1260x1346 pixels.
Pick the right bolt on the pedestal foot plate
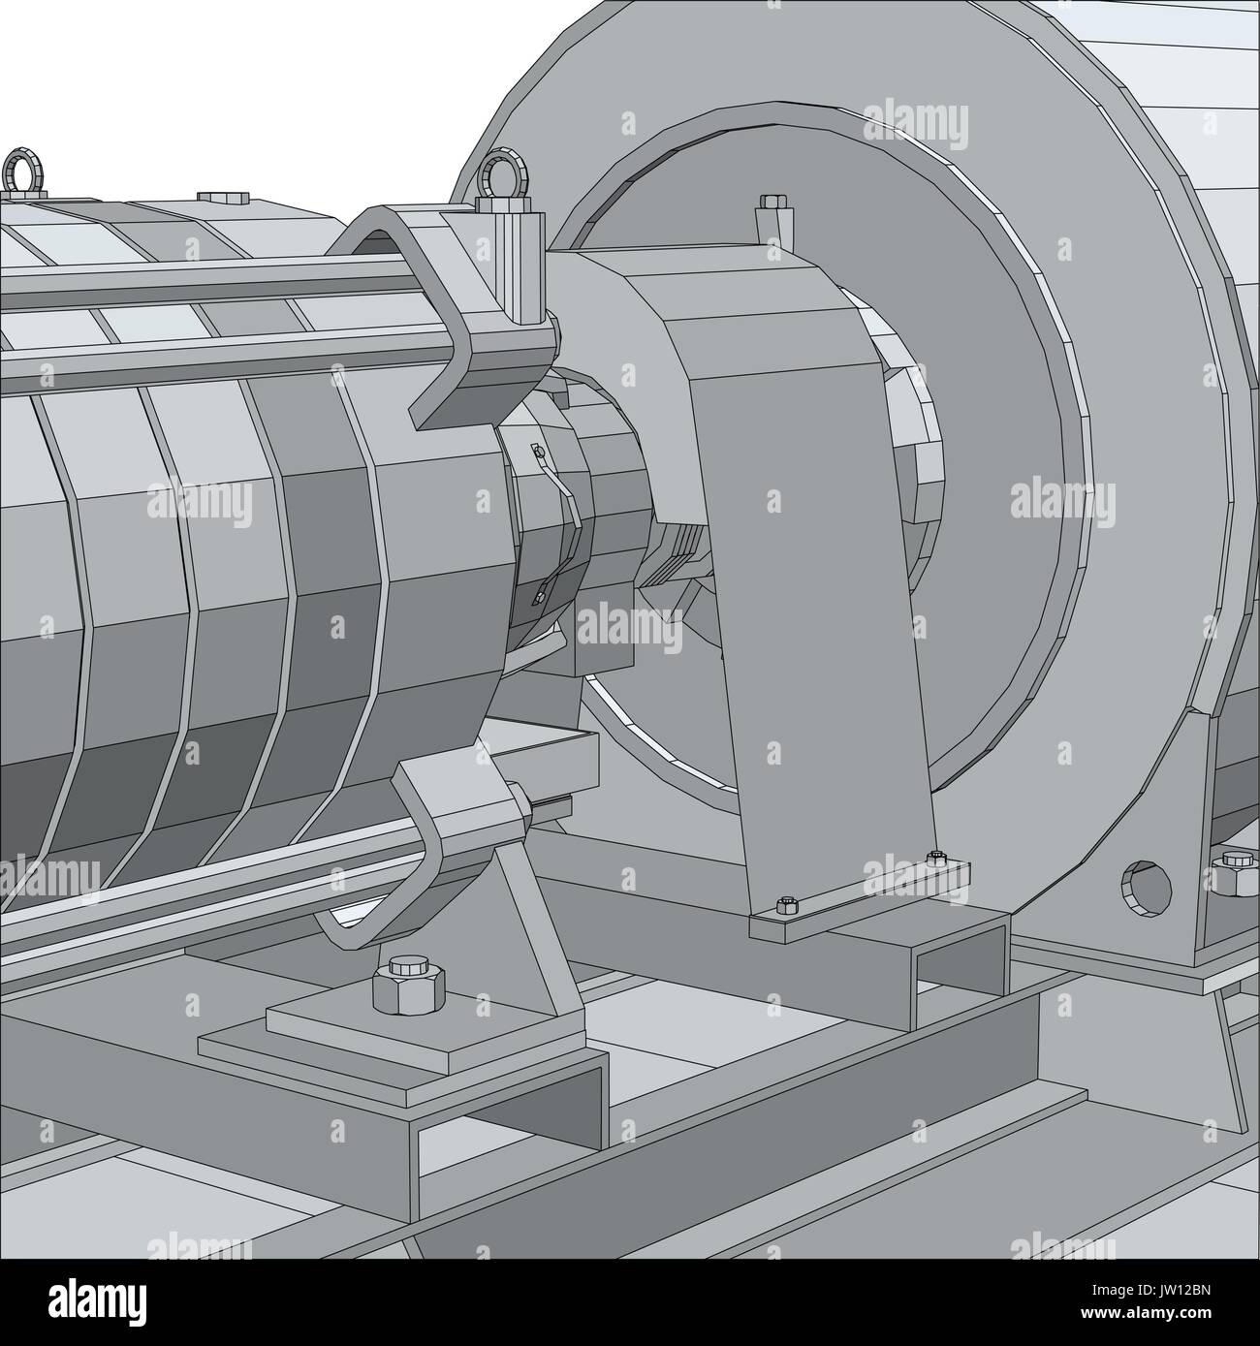click(935, 858)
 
